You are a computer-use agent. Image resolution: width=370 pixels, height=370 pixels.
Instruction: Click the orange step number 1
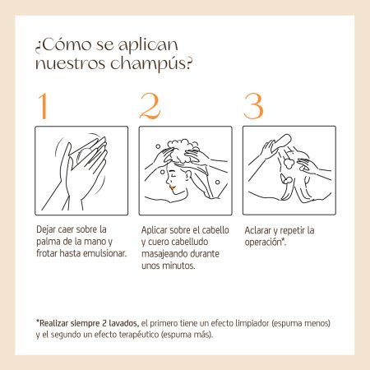tap(43, 106)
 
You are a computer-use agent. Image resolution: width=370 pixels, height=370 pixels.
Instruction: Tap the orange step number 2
tap(150, 106)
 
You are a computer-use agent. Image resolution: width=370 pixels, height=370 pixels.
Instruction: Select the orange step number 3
tap(253, 106)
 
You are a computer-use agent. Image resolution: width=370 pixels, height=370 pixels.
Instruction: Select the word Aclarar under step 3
tap(257, 230)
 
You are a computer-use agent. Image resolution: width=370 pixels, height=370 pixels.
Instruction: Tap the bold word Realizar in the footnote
tap(53, 323)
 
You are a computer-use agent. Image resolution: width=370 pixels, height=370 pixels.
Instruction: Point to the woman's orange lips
tap(173, 187)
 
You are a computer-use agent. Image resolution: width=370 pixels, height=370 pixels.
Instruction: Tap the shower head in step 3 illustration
tap(280, 141)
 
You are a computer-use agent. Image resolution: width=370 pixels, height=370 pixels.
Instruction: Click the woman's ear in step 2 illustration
tap(188, 175)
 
